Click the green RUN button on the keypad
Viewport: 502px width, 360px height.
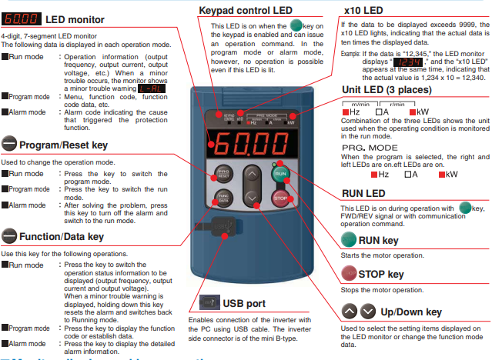click(280, 174)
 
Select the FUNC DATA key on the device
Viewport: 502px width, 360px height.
click(224, 198)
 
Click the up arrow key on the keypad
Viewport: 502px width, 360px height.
click(253, 175)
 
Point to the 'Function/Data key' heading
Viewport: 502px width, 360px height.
click(61, 235)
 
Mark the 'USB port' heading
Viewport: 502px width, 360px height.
click(245, 302)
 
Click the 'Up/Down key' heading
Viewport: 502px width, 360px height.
click(412, 311)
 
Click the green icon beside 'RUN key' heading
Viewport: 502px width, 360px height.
click(347, 241)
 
